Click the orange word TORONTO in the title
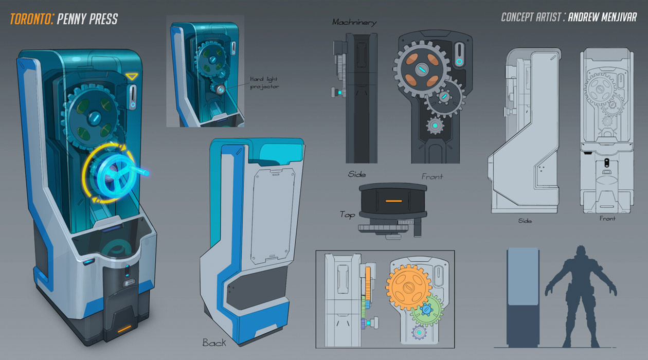[x=31, y=19]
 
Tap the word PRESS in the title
[x=103, y=19]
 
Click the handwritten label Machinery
[x=354, y=22]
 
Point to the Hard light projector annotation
[x=264, y=83]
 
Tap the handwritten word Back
[x=214, y=343]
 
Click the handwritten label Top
[x=348, y=215]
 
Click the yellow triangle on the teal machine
[x=132, y=77]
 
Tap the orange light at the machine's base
[x=124, y=329]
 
